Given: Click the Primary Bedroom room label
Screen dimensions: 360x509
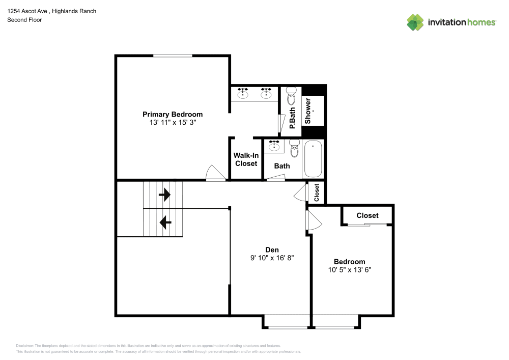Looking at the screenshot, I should tap(172, 115).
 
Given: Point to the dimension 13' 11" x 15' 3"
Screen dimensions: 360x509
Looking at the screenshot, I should tap(172, 123).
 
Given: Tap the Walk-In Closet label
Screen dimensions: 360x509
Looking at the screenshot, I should tap(245, 159).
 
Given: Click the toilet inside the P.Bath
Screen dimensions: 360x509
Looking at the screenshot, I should tap(291, 96).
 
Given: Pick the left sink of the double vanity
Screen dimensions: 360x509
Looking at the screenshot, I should tap(243, 93).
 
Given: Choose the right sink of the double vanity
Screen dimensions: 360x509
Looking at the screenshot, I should tap(266, 93).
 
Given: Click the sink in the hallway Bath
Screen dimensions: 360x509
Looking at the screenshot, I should tap(275, 146).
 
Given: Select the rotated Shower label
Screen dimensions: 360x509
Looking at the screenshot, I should tap(308, 111).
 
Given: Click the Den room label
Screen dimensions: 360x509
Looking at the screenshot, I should tap(271, 250).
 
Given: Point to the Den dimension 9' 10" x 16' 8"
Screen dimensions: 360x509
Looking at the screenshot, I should tap(271, 258).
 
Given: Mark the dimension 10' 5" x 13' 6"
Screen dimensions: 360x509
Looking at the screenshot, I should tap(350, 270).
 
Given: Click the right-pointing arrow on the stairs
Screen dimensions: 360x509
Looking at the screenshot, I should tap(164, 195).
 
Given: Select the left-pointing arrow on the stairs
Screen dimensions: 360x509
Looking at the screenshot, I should tap(164, 222).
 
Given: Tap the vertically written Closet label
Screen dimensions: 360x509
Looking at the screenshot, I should tap(317, 192).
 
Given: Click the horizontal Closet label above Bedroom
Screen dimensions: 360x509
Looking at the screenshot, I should tap(367, 215).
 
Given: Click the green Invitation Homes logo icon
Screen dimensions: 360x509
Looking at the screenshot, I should tap(415, 22).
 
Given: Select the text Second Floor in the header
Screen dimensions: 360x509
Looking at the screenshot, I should tap(24, 20).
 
